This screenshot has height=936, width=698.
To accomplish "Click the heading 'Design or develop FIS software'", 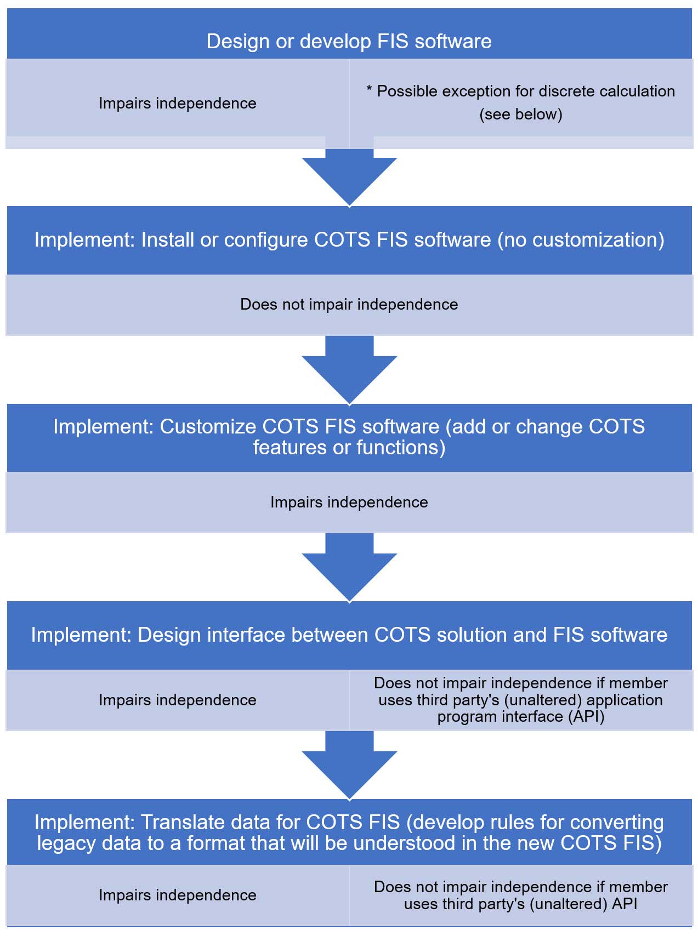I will point(349,42).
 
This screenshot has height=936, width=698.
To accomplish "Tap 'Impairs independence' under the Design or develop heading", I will point(177,103).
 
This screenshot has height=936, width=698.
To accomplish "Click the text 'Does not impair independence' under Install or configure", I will point(349,304).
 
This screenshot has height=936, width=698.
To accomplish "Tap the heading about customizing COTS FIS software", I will point(349,437).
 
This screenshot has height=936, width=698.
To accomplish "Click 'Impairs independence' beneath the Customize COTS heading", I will point(349,502).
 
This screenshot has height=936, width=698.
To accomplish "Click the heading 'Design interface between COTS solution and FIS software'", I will point(349,635).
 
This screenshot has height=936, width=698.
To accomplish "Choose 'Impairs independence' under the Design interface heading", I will point(177,700).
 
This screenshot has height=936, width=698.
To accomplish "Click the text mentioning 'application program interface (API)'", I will point(520,700).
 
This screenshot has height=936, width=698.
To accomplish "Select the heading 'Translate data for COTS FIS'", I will point(349,832).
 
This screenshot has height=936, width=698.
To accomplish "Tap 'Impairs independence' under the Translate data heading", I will point(177,895).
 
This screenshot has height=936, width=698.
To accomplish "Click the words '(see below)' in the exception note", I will point(520,114).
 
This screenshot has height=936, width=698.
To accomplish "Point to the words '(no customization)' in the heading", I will point(581,240).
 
